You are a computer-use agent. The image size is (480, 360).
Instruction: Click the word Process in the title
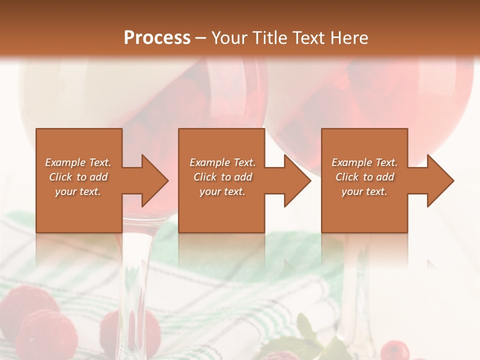coord(157,37)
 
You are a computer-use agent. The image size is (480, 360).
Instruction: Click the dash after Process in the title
coord(201,38)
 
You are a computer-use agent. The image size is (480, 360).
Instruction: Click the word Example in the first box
coord(64,162)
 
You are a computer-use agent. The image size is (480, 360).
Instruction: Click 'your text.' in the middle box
coord(222,191)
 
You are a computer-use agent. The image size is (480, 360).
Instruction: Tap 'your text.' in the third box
coord(364,191)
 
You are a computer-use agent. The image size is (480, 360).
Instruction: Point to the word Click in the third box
coord(346,177)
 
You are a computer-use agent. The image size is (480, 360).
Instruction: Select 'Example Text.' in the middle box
coord(222,162)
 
